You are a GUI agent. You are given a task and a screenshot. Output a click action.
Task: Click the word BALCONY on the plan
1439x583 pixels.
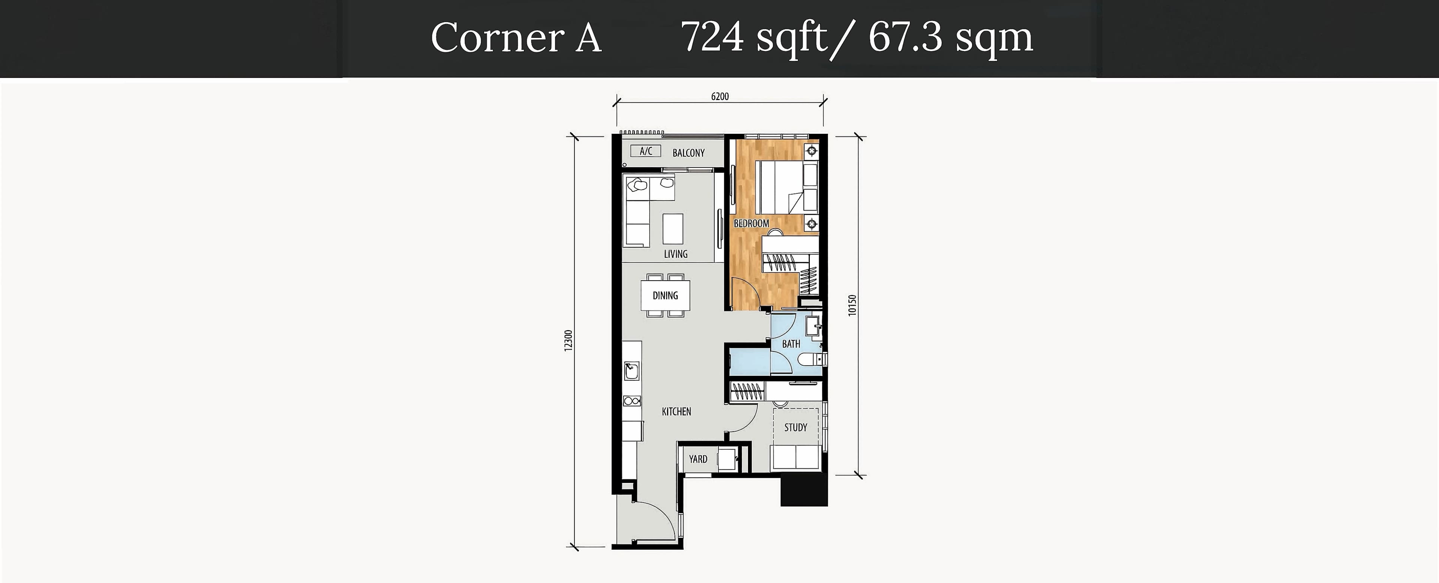pyautogui.click(x=688, y=153)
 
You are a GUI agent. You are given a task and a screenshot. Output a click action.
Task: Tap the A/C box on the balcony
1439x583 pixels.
pyautogui.click(x=646, y=151)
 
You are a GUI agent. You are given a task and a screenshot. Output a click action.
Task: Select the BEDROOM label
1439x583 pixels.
pyautogui.click(x=751, y=223)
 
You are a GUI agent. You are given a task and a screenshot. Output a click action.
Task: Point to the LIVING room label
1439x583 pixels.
pyautogui.click(x=675, y=254)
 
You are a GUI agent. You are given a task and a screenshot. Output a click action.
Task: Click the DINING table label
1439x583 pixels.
pyautogui.click(x=665, y=295)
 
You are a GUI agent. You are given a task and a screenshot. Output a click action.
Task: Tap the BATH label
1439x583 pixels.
pyautogui.click(x=791, y=344)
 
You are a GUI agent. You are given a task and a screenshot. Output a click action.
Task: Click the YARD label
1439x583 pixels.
pyautogui.click(x=698, y=459)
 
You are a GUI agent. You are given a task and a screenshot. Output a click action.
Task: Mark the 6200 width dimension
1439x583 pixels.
pyautogui.click(x=720, y=97)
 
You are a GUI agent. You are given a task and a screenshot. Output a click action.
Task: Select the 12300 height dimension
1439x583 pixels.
pyautogui.click(x=569, y=341)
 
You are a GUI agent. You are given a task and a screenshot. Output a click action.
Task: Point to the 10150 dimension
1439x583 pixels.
pyautogui.click(x=852, y=305)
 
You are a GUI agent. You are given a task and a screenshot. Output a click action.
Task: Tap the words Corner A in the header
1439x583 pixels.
pyautogui.click(x=516, y=38)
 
